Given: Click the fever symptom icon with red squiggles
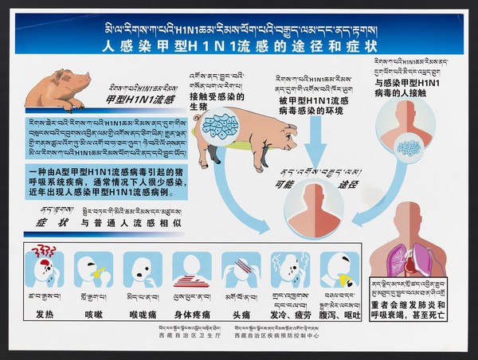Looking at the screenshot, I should [43, 269].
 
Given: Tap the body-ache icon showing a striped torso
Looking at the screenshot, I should [191, 271].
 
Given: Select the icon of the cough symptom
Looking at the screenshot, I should [93, 271].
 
